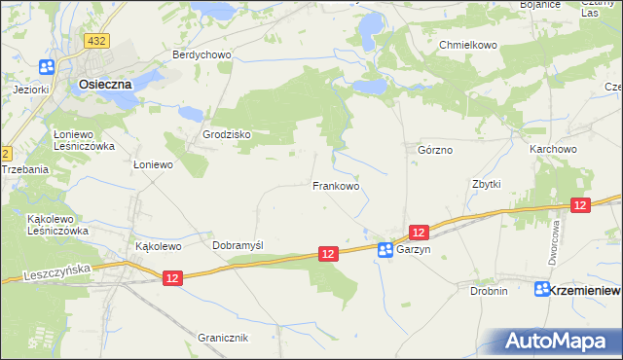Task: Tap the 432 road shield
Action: click(95, 41)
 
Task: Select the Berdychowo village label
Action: click(202, 55)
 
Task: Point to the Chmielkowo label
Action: click(468, 46)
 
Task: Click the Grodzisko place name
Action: click(227, 134)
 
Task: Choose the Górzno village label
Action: click(435, 151)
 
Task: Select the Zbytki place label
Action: click(486, 184)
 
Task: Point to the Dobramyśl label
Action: click(238, 246)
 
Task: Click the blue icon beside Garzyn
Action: click(385, 250)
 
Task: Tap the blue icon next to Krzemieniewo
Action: click(543, 290)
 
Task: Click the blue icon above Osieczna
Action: click(47, 66)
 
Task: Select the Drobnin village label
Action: click(489, 291)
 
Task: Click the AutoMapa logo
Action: click(558, 342)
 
